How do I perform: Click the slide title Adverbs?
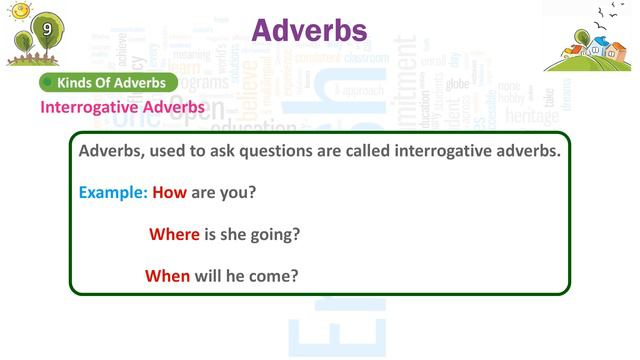pyautogui.click(x=309, y=31)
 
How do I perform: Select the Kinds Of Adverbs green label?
pyautogui.click(x=109, y=82)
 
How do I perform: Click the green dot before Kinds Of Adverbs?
pyautogui.click(x=47, y=82)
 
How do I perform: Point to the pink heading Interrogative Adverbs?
pyautogui.click(x=123, y=106)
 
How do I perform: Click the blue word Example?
pyautogui.click(x=113, y=192)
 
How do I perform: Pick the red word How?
pyautogui.click(x=170, y=192)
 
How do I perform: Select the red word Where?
pyautogui.click(x=174, y=234)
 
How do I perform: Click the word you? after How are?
pyautogui.click(x=238, y=192)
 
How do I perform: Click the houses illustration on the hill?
pyautogui.click(x=590, y=50)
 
